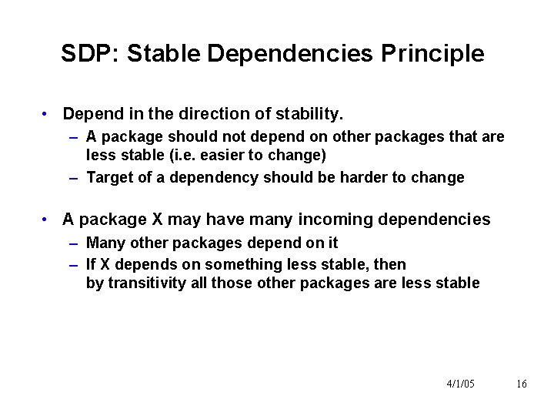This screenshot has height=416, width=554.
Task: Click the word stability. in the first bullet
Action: point(305,114)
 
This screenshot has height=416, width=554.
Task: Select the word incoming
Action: point(325,220)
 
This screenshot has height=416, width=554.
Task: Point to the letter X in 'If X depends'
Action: point(104,265)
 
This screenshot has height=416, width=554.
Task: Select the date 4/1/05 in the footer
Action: point(460,384)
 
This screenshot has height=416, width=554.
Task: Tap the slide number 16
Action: point(522,384)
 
